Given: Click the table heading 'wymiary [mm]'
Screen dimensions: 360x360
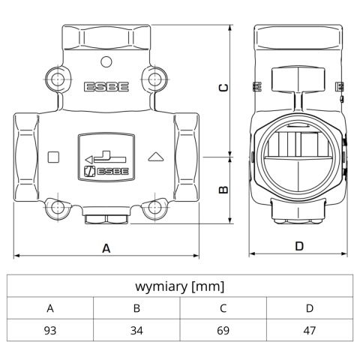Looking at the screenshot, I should click(x=179, y=286).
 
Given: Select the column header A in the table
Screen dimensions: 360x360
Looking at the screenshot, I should click(x=50, y=307).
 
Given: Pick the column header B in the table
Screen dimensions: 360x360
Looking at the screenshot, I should click(x=136, y=307).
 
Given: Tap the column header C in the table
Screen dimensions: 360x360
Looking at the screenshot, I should click(x=223, y=307).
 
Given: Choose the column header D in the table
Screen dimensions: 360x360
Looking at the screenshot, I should click(x=309, y=307).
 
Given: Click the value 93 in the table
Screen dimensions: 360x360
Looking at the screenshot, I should click(x=50, y=330).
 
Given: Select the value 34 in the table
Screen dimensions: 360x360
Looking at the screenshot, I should click(x=136, y=330).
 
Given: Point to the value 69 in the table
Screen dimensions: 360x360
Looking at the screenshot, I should click(x=223, y=330).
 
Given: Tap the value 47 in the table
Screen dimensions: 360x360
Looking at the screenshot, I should click(x=309, y=330).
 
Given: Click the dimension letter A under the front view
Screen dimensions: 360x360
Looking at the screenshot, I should click(x=106, y=247).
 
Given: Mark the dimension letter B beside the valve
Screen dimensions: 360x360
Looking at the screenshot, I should click(x=223, y=190).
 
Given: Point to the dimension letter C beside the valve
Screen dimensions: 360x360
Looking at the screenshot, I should click(x=223, y=88).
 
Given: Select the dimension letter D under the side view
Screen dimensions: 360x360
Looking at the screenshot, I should click(x=298, y=246).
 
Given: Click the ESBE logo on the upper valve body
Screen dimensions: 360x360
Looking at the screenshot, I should click(x=106, y=86).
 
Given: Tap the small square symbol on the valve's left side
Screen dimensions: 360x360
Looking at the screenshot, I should click(x=53, y=157).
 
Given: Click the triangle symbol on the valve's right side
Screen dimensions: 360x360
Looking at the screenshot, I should click(x=157, y=157).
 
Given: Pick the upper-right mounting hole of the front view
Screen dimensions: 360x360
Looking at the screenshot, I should click(x=154, y=77).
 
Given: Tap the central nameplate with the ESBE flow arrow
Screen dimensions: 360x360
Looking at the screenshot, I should click(x=106, y=157).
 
